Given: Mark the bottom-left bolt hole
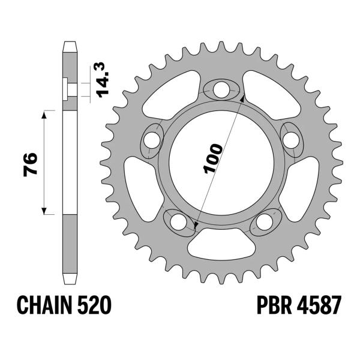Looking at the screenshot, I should click(x=178, y=222).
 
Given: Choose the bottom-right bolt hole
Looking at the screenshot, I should click(x=264, y=222).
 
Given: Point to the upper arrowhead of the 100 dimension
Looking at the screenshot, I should click(x=242, y=95).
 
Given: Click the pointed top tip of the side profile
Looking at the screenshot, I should click(x=70, y=44).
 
